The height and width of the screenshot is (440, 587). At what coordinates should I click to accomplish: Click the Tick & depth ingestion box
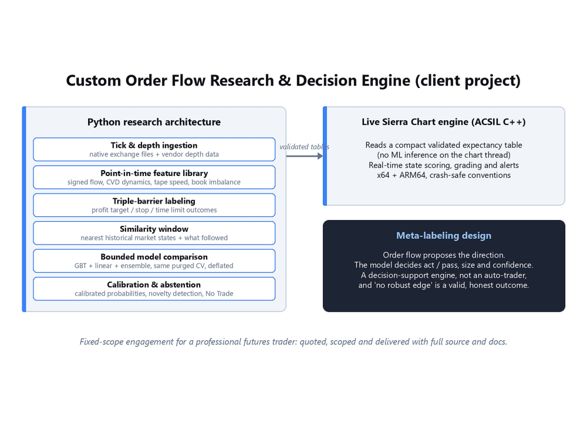pos(154,149)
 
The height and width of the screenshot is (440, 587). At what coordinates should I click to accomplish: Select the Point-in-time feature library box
pos(154,177)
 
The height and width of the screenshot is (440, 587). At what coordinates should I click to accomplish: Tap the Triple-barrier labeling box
pos(154,205)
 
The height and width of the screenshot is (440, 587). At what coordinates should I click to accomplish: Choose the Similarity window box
pos(154,233)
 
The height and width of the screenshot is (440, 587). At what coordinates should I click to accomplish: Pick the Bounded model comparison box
pos(154,261)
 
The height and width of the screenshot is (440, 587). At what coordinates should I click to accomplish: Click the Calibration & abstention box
pos(154,289)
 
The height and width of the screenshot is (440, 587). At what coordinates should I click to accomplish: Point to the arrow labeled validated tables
pos(304,156)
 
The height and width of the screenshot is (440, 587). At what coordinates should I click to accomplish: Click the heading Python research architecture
pos(154,122)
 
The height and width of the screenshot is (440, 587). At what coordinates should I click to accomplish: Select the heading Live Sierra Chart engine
pos(444,122)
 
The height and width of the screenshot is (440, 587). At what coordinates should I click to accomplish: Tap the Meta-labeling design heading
pos(444,235)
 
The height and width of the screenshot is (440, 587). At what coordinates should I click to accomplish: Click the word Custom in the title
pos(93,81)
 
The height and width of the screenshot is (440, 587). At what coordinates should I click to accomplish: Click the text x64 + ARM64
pos(401,175)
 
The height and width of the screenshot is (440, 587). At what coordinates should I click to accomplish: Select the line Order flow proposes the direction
pos(444,255)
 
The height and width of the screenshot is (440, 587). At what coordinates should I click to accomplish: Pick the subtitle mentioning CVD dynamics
pos(154,182)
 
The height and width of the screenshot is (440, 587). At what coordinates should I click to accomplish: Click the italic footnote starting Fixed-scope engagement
pos(293,341)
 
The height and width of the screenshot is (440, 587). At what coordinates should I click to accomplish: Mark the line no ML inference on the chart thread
pos(444,155)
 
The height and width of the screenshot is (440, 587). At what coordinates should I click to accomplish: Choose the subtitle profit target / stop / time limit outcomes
pos(154,210)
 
